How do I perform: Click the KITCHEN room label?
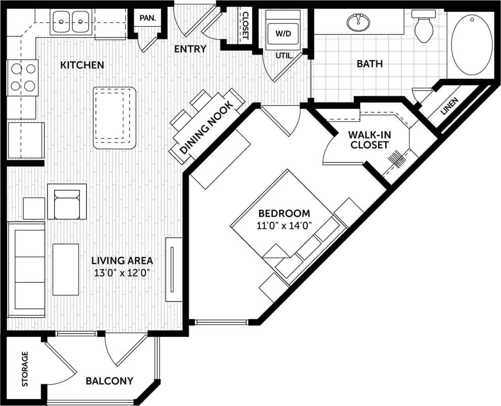coord(82,65)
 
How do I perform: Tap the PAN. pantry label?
coord(148,18)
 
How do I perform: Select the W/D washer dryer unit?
coord(283,33)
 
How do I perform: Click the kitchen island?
coord(115,118)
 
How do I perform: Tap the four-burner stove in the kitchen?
coord(23,78)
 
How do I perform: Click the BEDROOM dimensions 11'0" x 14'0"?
coord(284,226)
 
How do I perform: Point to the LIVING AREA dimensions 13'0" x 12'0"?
coord(122,273)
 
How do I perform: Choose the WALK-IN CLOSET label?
coord(369,140)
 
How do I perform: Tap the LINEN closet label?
coord(449,106)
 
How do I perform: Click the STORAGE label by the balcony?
coord(25,369)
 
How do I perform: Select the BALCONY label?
coord(110,381)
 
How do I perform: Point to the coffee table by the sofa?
coord(65,269)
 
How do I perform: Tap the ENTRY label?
coord(190,49)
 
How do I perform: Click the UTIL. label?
coord(284,56)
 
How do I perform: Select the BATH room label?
coord(369,63)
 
